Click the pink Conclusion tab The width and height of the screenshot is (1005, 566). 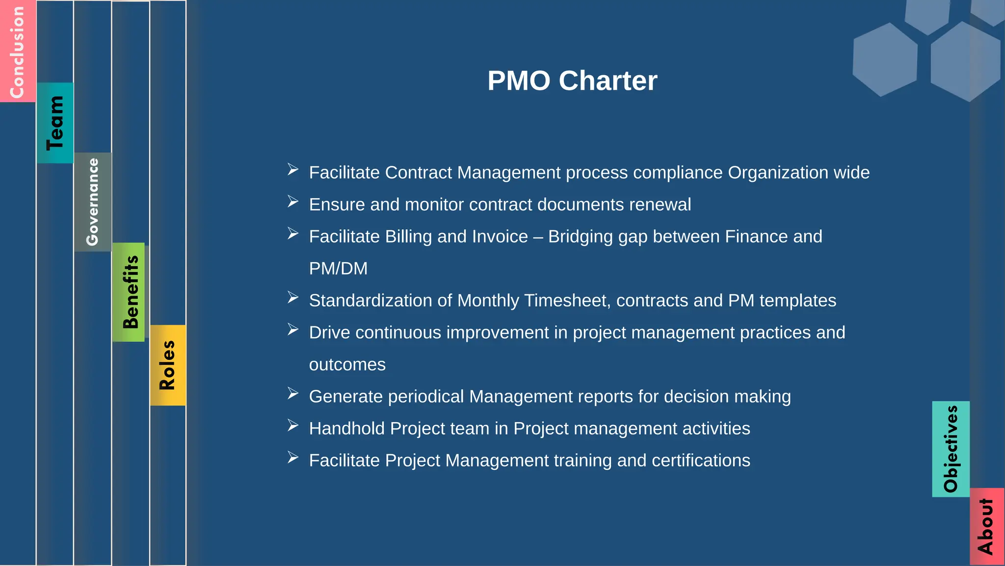pyautogui.click(x=18, y=51)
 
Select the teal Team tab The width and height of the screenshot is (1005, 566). pyautogui.click(x=55, y=123)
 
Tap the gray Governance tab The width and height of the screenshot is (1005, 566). pyautogui.click(x=93, y=202)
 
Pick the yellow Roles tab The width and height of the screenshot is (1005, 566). pyautogui.click(x=168, y=365)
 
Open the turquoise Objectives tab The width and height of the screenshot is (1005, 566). pyautogui.click(x=951, y=449)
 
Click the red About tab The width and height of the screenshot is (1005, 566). pyautogui.click(x=986, y=526)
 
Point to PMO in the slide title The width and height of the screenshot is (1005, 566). pyautogui.click(x=519, y=81)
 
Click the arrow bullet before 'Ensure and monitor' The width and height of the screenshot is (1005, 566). pyautogui.click(x=293, y=202)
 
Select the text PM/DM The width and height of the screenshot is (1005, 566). pyautogui.click(x=338, y=269)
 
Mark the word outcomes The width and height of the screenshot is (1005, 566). pyautogui.click(x=347, y=365)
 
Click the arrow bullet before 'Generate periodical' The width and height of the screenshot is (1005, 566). pyautogui.click(x=293, y=394)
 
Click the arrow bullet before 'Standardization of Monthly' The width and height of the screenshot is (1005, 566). pyautogui.click(x=293, y=297)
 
